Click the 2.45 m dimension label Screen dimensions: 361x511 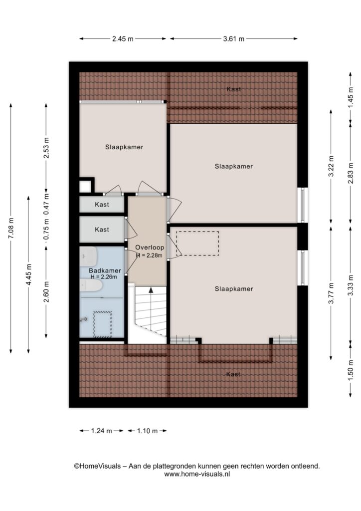click(x=123, y=39)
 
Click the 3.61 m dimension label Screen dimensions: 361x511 click(x=234, y=39)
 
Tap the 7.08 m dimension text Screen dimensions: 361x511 click(x=11, y=228)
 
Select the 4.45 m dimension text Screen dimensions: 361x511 click(x=28, y=274)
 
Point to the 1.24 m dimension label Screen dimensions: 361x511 click(x=101, y=431)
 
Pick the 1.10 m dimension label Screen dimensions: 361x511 click(x=147, y=431)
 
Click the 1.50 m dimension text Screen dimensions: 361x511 click(x=351, y=370)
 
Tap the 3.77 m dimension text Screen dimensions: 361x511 click(x=331, y=293)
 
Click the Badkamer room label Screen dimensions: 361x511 click(x=105, y=270)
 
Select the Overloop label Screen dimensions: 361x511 click(x=150, y=248)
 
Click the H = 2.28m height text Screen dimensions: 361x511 click(x=149, y=255)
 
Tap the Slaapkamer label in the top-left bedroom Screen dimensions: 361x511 click(x=124, y=147)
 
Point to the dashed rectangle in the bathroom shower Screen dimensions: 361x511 click(x=103, y=324)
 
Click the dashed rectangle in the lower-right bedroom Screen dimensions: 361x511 click(x=197, y=244)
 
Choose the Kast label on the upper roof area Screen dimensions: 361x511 click(x=234, y=89)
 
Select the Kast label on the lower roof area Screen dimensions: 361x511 click(x=233, y=374)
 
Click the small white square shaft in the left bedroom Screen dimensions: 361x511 click(x=86, y=187)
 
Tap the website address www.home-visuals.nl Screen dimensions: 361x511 click(x=197, y=474)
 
